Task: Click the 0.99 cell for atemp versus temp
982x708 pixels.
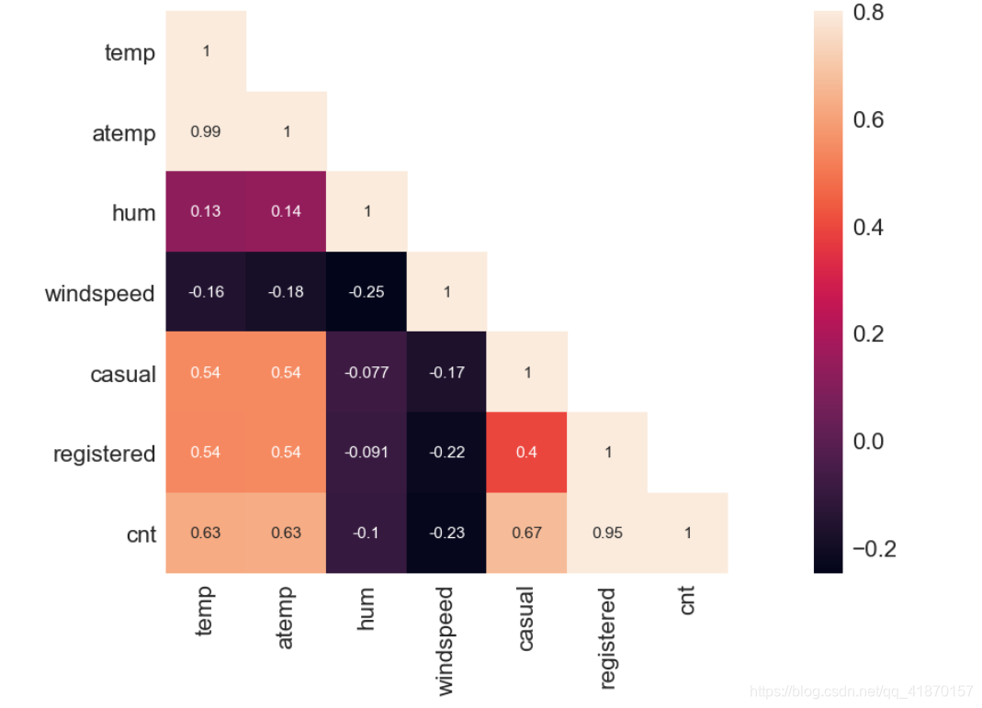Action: tap(206, 131)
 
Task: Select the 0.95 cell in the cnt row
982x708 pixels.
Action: tap(607, 533)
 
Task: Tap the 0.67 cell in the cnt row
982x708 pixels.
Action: tap(527, 533)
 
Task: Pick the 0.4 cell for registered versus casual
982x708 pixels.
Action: tap(527, 453)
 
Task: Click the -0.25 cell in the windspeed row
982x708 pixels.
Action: tap(367, 292)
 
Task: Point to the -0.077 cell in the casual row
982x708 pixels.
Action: tap(367, 373)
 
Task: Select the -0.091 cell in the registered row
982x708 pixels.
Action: tap(367, 453)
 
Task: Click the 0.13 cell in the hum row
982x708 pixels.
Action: tap(206, 212)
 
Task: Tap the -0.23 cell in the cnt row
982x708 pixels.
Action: tap(446, 533)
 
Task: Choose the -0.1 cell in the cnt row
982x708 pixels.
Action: tap(367, 533)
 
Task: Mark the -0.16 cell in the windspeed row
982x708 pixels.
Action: tap(206, 292)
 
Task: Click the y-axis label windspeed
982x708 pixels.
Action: tap(100, 294)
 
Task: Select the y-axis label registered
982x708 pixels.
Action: tap(104, 454)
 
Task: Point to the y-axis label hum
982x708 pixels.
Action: tap(134, 213)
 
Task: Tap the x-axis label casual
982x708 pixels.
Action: tap(525, 620)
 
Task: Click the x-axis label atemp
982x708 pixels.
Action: tap(285, 618)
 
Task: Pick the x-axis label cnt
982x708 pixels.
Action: tap(687, 601)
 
